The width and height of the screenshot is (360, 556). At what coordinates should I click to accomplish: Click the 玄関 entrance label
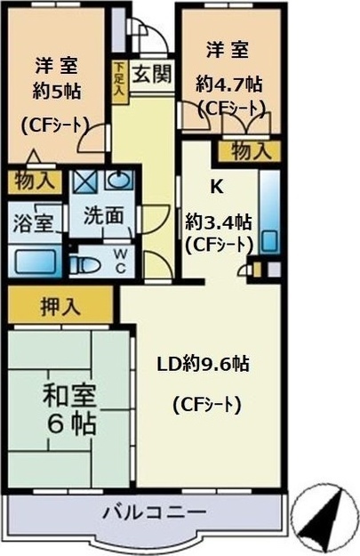pyautogui.click(x=153, y=75)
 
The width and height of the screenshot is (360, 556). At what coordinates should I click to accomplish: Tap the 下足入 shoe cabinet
pyautogui.click(x=119, y=82)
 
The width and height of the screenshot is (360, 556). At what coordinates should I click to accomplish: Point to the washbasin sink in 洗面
pyautogui.click(x=119, y=180)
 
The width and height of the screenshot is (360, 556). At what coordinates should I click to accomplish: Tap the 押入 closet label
pyautogui.click(x=60, y=306)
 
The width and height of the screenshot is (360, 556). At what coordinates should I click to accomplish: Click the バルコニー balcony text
pyautogui.click(x=155, y=512)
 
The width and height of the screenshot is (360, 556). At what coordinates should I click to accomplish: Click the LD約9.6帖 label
pyautogui.click(x=204, y=364)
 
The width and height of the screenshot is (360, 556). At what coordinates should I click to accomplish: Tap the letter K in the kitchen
pyautogui.click(x=217, y=187)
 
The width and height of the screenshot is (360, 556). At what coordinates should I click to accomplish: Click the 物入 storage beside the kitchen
pyautogui.click(x=252, y=150)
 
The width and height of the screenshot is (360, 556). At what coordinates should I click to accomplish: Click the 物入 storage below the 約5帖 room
pyautogui.click(x=35, y=181)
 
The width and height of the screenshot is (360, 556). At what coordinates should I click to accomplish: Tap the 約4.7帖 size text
pyautogui.click(x=229, y=85)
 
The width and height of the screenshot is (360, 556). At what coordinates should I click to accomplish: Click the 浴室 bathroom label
pyautogui.click(x=33, y=223)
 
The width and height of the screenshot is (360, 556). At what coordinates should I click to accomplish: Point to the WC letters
pyautogui.click(x=120, y=261)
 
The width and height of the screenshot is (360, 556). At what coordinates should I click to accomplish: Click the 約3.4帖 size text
pyautogui.click(x=219, y=222)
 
